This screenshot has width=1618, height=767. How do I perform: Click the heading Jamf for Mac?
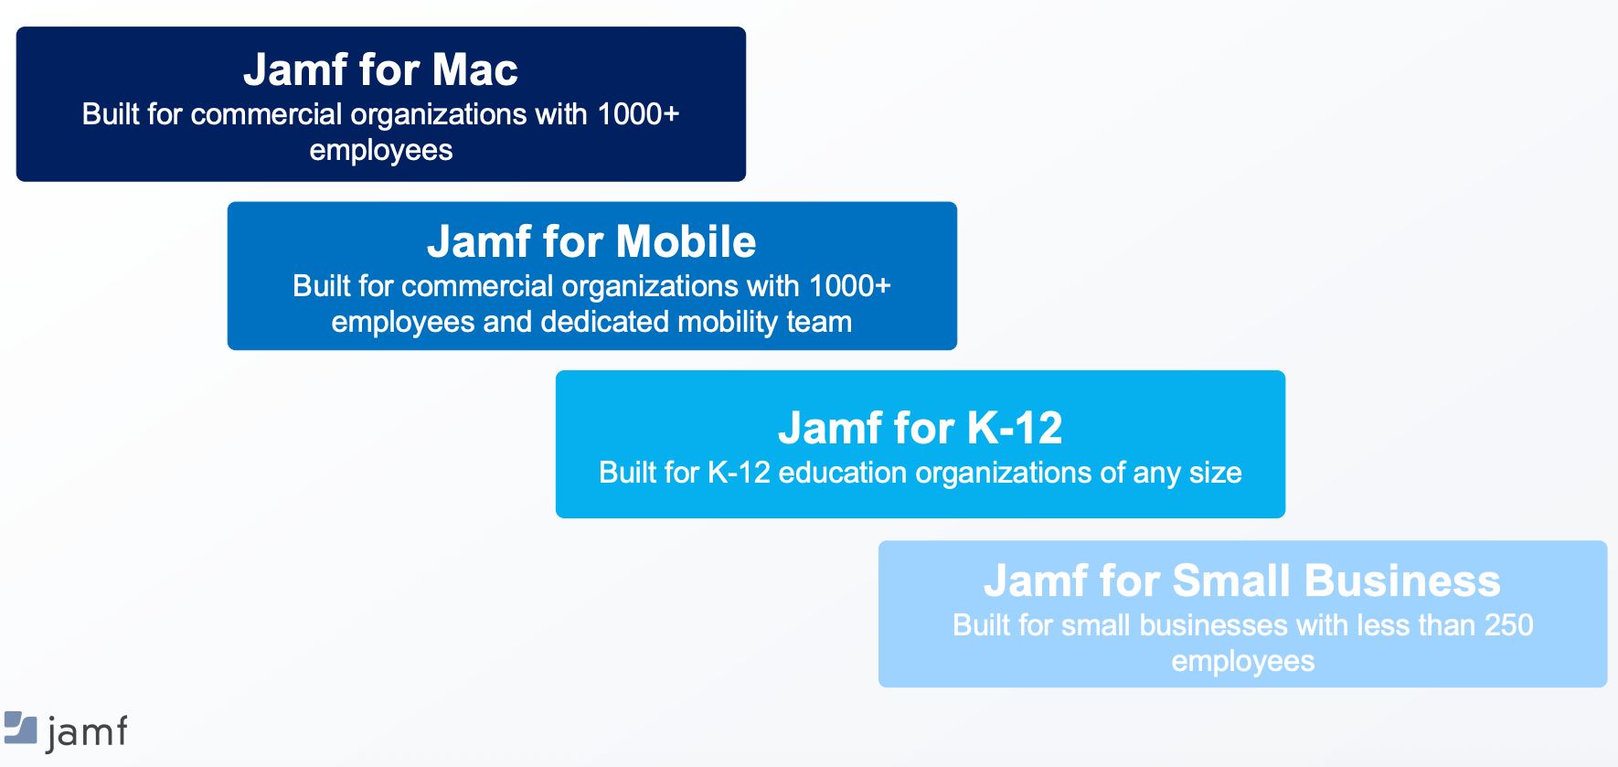380,69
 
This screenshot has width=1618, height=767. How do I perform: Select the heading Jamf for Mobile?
591,241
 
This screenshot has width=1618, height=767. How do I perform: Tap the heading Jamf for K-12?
920,428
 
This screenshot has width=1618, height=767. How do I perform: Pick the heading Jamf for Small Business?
1242,581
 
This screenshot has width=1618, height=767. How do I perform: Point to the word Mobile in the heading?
686,241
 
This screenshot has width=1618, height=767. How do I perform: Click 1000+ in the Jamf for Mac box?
638,114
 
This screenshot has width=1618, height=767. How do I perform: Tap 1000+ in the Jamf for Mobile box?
849,286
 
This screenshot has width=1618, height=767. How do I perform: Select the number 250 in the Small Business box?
1508,625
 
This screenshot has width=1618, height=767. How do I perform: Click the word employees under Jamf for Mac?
381,151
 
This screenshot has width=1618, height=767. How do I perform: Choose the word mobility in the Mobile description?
728,323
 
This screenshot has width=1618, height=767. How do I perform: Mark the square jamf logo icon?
20,728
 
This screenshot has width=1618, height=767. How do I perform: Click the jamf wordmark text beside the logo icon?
86,733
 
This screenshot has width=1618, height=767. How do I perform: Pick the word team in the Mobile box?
819,323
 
